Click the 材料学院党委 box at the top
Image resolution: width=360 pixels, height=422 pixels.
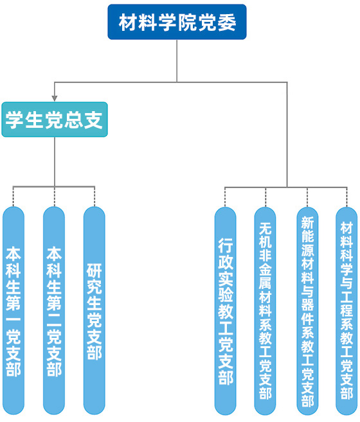[177, 22]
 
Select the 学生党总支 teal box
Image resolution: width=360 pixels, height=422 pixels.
[55, 119]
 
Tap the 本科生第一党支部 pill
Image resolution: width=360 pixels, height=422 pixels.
[14, 311]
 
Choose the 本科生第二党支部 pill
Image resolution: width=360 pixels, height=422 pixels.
[54, 311]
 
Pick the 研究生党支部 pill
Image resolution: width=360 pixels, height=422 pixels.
[94, 311]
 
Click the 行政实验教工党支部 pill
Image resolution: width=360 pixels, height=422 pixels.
[225, 311]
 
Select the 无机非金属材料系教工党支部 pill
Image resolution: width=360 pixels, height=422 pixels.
[265, 311]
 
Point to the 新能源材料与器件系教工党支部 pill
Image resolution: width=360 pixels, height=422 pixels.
[307, 311]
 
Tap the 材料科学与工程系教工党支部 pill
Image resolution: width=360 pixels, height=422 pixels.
[346, 311]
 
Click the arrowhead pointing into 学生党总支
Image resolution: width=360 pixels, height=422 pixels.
[55, 98]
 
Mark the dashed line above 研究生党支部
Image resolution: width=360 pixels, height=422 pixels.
[94, 197]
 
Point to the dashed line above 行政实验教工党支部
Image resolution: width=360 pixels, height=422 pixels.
[225, 197]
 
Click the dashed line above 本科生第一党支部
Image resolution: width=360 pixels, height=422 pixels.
[14, 197]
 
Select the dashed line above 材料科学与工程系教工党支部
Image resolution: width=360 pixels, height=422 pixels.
[346, 197]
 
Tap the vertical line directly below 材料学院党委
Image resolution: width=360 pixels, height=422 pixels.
[177, 61]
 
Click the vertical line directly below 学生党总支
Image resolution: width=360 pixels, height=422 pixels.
[55, 162]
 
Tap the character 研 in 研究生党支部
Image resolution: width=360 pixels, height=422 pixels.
[94, 270]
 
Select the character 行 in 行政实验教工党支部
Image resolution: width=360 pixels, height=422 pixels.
[226, 245]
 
